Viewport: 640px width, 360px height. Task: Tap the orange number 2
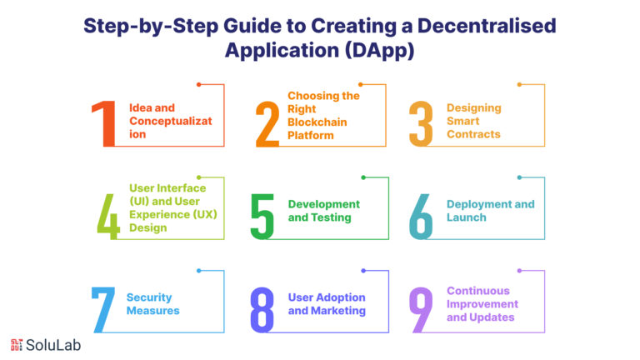[267, 123]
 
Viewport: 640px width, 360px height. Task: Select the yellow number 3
[422, 123]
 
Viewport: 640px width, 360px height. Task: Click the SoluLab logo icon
[17, 345]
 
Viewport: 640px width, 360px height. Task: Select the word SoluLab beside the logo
[53, 345]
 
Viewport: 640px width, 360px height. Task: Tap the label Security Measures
[152, 303]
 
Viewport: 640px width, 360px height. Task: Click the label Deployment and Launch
[490, 210]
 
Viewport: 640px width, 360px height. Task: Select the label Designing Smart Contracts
[473, 120]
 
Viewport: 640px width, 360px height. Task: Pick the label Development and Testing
[323, 210]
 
